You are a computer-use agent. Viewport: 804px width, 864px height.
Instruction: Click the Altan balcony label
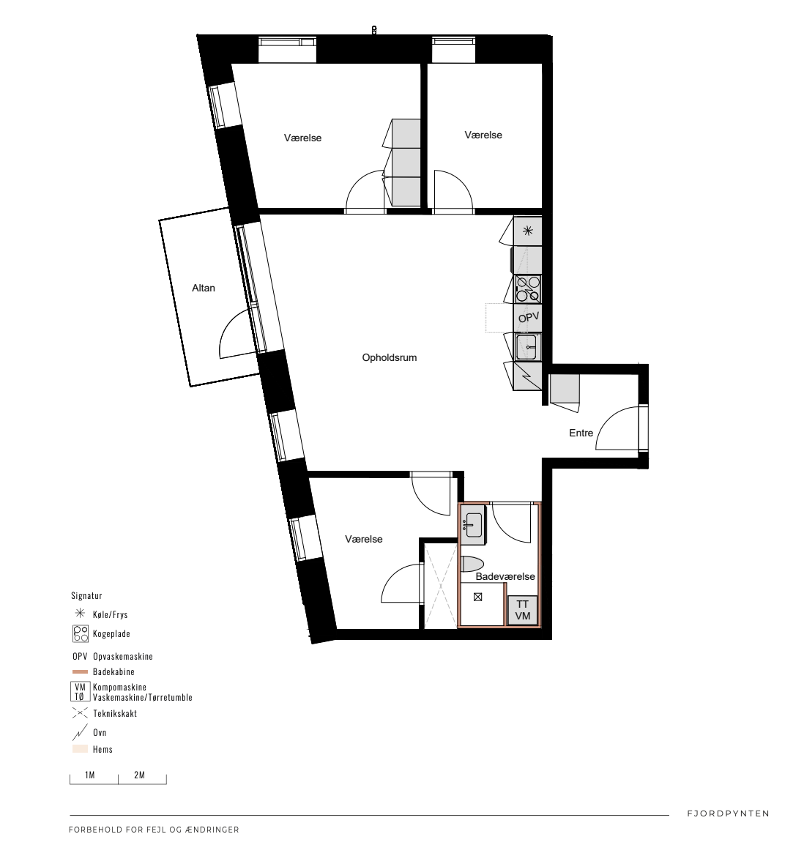[204, 288]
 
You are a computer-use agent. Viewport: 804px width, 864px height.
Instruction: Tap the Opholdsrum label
[389, 357]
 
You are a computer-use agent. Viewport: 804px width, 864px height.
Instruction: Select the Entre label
[581, 433]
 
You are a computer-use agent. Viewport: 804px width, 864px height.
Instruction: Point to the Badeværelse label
[505, 576]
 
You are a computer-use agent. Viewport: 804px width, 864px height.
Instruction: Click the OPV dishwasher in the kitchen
[528, 318]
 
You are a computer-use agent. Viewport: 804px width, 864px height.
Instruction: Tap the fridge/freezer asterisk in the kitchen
[528, 231]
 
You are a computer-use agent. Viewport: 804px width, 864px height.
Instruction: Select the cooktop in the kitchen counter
[528, 289]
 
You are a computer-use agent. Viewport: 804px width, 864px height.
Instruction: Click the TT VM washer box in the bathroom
[522, 611]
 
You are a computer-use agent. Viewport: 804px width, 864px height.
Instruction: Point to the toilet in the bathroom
[472, 564]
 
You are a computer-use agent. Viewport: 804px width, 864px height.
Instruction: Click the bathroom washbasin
[473, 524]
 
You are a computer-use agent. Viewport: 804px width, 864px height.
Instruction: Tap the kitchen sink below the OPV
[526, 347]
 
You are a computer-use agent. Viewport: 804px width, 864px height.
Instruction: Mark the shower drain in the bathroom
[477, 597]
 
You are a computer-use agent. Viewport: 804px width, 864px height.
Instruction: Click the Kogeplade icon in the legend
[81, 633]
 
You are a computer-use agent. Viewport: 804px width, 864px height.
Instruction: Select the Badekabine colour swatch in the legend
[81, 671]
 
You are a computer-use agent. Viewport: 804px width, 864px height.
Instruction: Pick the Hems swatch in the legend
[81, 749]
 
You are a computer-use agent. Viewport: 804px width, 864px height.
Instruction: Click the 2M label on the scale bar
[139, 775]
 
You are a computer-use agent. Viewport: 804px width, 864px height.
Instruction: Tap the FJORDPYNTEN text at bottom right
[728, 813]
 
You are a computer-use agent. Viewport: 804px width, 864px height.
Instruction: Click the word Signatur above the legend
[86, 596]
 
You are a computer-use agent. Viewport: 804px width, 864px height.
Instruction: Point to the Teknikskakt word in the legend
[115, 714]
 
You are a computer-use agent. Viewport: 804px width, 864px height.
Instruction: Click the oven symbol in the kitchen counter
[527, 376]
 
